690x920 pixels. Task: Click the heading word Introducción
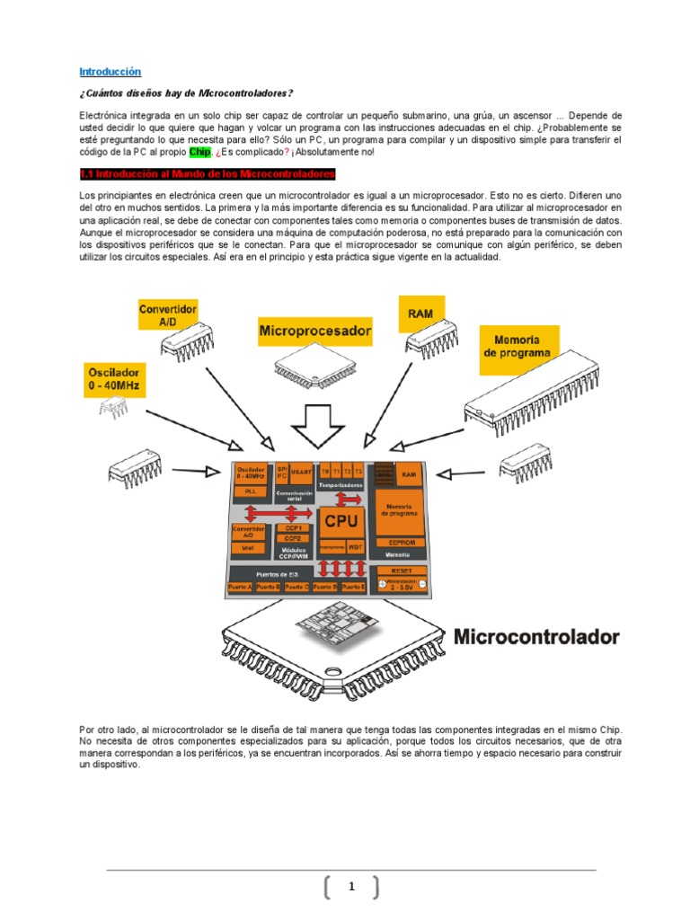(110, 71)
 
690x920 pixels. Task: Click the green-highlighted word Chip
(199, 152)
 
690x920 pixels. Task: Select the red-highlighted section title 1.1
(208, 172)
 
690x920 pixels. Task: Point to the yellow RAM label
(420, 314)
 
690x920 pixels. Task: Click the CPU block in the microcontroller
(341, 521)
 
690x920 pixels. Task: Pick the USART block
(303, 471)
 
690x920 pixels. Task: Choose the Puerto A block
(240, 587)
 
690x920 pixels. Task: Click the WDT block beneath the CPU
(356, 545)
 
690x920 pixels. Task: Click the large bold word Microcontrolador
(536, 637)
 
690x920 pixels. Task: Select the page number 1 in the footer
(351, 888)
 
